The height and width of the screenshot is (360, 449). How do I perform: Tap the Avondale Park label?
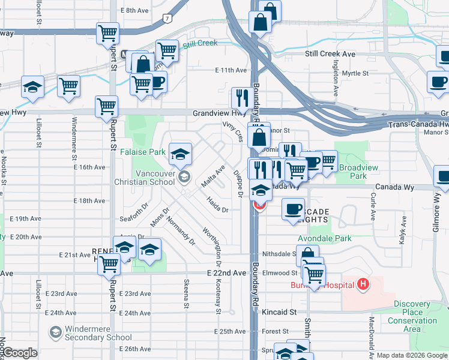(x=324, y=238)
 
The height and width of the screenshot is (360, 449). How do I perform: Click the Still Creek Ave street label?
(x=330, y=54)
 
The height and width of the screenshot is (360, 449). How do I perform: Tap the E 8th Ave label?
(x=134, y=11)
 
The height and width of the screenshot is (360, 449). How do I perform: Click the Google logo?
(x=20, y=353)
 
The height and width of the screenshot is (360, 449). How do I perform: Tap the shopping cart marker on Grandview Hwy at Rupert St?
(x=106, y=106)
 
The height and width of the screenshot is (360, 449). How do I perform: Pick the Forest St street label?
(x=276, y=331)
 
